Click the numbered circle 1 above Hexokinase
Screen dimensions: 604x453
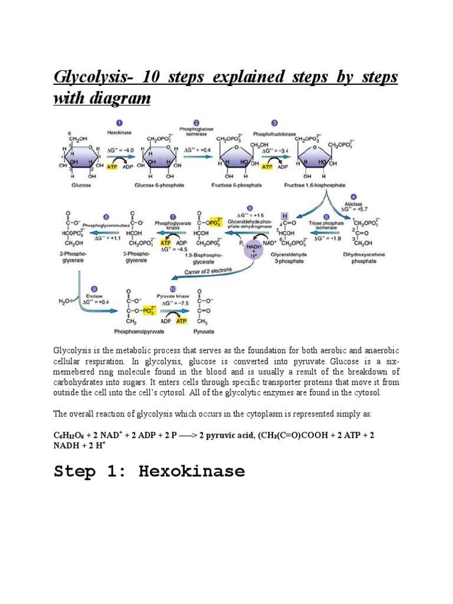coord(119,123)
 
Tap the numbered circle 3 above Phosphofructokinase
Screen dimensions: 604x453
coord(274,123)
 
